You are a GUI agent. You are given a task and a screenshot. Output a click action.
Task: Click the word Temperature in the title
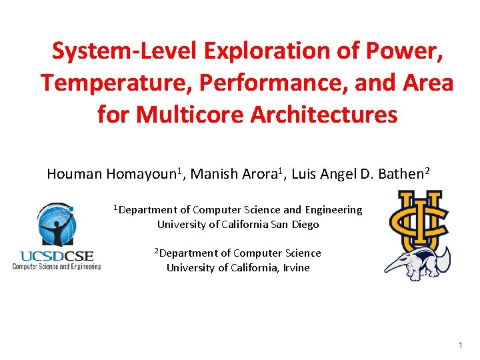99,83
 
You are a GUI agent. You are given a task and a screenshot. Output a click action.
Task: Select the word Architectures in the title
324,114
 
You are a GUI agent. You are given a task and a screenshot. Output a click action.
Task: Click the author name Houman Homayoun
112,175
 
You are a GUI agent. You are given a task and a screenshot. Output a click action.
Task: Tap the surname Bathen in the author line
401,175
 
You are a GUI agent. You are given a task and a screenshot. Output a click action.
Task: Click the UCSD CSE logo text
57,255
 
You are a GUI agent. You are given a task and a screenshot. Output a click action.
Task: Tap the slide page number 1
459,345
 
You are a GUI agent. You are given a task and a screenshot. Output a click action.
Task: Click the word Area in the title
427,83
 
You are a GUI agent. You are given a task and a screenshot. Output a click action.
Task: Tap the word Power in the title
407,51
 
